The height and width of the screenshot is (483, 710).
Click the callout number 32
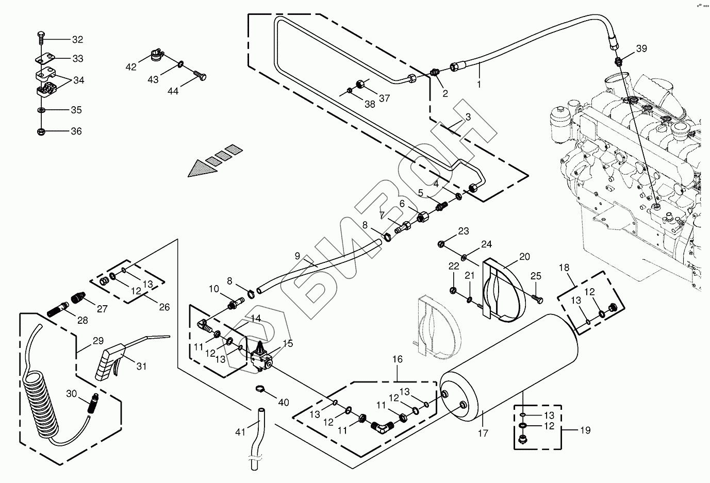click(77, 40)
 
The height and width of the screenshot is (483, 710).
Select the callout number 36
click(76, 131)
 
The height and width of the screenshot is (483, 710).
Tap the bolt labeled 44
click(201, 76)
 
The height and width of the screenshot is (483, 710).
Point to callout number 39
click(641, 48)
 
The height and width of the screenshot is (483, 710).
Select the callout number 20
click(524, 256)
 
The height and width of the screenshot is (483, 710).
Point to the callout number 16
click(398, 359)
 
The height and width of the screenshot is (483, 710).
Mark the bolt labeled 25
click(537, 297)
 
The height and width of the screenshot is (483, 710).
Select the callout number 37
click(385, 98)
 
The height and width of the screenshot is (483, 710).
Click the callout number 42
click(131, 67)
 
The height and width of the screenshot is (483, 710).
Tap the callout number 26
click(164, 307)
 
